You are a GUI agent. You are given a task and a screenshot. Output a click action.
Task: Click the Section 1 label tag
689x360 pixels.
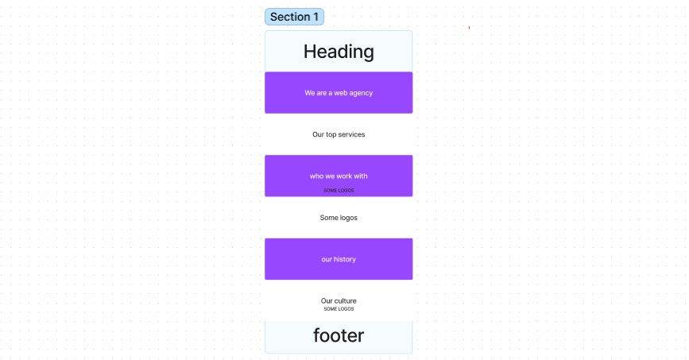point(294,17)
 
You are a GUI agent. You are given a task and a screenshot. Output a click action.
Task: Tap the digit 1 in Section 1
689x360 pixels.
point(315,17)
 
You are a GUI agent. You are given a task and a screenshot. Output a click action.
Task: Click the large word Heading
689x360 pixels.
point(339,52)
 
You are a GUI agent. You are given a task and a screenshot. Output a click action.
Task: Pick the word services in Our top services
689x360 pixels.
point(350,135)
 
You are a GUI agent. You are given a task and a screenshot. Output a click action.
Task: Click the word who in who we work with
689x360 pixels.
point(316,176)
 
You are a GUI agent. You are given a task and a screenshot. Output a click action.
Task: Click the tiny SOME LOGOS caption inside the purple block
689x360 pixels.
point(339,191)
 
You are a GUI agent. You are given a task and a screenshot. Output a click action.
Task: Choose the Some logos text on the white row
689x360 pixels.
point(339,218)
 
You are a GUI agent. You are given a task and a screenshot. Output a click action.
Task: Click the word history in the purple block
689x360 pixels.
point(345,260)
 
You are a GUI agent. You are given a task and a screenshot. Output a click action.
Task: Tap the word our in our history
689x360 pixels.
point(327,260)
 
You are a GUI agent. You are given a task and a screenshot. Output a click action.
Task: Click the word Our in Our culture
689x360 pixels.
point(327,301)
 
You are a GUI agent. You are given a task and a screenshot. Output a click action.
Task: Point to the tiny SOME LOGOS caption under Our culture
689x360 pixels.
point(339,309)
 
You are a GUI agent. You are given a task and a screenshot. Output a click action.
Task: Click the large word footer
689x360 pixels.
point(339,336)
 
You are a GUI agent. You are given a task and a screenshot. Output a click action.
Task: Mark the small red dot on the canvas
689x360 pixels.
point(469,28)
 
